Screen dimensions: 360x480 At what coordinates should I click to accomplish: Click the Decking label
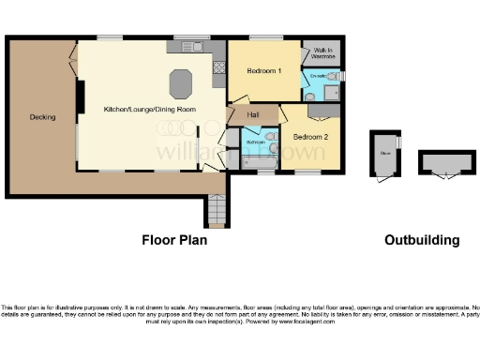click(42, 117)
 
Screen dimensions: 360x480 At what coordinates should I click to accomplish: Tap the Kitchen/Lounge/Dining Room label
click(150, 111)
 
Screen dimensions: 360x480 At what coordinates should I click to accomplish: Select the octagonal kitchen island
click(181, 83)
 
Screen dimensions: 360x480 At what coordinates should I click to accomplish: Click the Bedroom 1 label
click(263, 71)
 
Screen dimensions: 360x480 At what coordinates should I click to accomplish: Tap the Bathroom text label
click(253, 142)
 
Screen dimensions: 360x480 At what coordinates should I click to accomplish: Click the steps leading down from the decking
click(217, 211)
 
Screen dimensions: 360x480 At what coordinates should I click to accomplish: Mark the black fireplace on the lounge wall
click(80, 94)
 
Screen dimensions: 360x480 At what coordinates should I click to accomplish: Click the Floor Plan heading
click(174, 240)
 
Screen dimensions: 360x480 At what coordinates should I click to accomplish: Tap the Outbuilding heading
click(422, 240)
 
